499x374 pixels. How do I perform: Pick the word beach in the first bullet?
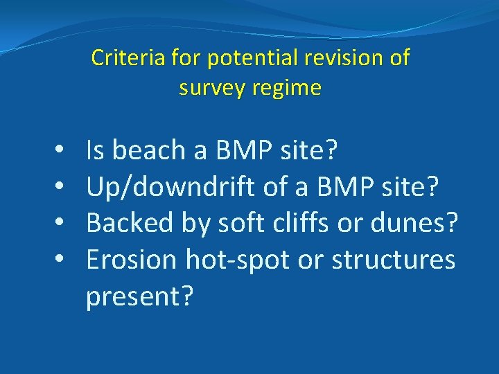click(148, 150)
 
